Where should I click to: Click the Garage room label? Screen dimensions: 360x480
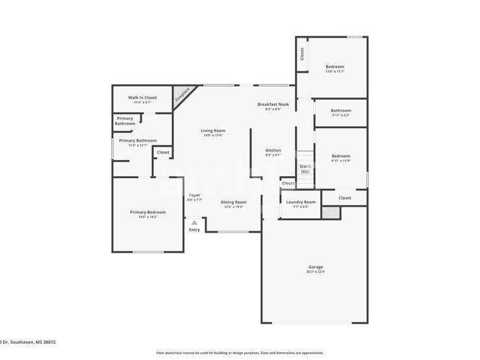click(316, 267)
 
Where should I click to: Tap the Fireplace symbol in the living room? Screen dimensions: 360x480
click(183, 96)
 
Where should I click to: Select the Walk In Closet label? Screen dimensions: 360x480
click(142, 97)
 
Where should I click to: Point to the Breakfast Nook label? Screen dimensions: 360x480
click(273, 104)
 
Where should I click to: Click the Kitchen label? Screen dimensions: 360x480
click(273, 150)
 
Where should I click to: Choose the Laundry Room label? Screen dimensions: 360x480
click(301, 201)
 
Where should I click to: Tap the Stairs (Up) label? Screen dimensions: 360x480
click(305, 168)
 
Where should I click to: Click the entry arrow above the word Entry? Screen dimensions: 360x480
click(194, 223)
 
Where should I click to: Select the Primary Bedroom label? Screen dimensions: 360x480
click(147, 212)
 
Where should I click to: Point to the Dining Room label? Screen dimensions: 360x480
click(233, 201)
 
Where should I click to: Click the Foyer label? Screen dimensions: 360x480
click(194, 195)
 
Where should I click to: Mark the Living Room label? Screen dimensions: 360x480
click(213, 131)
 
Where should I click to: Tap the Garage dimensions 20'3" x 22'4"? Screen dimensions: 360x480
click(316, 272)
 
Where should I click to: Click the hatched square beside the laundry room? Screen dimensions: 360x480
click(331, 212)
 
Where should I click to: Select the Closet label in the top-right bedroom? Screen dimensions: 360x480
click(302, 54)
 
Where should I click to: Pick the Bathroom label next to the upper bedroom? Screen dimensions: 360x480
click(341, 110)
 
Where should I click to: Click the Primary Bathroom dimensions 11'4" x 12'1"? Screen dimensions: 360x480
click(138, 146)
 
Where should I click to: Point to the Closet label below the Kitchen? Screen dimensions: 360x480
click(288, 183)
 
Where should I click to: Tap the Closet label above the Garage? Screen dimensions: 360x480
click(344, 198)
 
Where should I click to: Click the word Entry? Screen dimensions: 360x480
click(194, 229)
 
